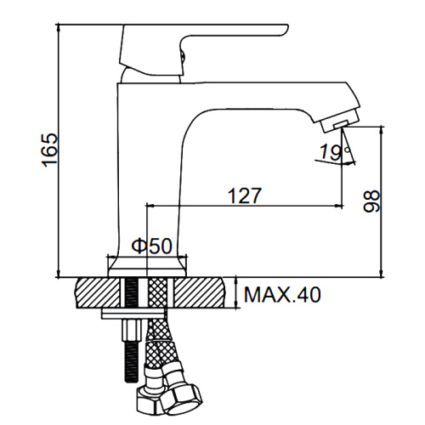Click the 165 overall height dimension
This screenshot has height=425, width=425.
50,150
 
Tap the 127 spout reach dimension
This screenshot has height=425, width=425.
244,195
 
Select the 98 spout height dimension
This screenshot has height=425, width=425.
371,201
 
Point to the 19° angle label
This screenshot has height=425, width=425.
334,152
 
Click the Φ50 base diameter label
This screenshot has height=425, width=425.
152,245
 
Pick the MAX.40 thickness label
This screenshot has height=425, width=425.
282,295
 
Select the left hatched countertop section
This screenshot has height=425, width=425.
98,293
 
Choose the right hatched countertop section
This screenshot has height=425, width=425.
199,293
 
